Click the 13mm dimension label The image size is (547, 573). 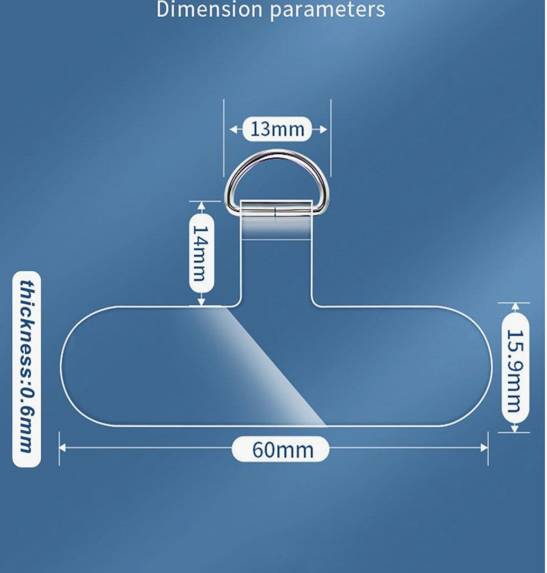(x=277, y=129)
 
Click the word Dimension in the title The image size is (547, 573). (x=209, y=9)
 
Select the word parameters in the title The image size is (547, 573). (x=328, y=10)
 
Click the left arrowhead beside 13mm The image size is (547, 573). (x=233, y=129)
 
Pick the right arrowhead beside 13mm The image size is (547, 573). (x=323, y=129)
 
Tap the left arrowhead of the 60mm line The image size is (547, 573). (x=62, y=447)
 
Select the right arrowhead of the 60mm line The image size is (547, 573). (x=485, y=447)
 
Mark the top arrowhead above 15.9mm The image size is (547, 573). (x=515, y=307)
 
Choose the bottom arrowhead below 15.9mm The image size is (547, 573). (x=515, y=428)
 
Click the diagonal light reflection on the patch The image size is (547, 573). (x=263, y=365)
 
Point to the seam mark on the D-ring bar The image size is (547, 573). (x=275, y=212)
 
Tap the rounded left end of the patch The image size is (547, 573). (x=61, y=366)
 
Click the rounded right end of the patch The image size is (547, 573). (x=491, y=366)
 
